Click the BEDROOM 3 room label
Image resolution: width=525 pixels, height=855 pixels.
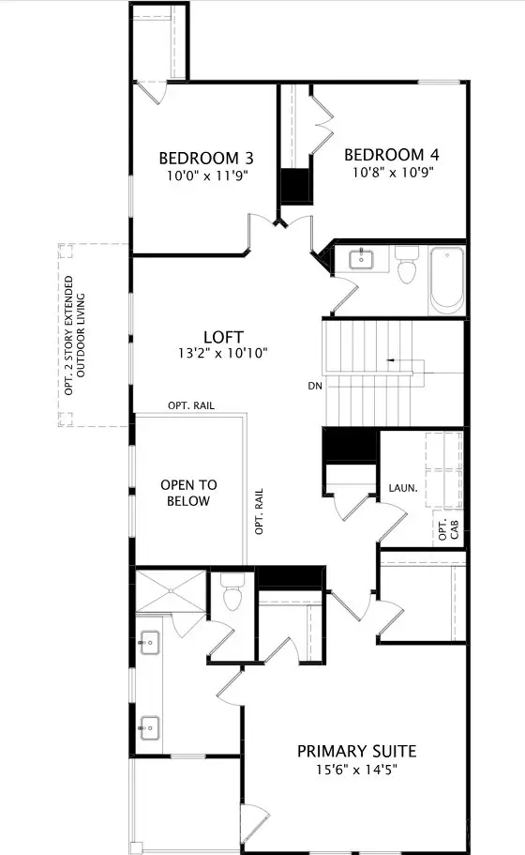pos(205,157)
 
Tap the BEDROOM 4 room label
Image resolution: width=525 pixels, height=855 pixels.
pos(391,155)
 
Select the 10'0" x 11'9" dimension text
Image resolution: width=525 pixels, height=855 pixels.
pos(205,175)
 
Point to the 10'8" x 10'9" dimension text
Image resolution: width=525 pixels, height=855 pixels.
pos(391,173)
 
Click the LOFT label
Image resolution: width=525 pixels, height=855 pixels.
pos(223,337)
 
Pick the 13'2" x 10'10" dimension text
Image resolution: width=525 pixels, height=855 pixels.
pos(223,354)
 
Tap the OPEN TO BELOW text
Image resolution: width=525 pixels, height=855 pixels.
pos(188,493)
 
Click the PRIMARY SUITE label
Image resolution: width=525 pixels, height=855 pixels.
pos(356,751)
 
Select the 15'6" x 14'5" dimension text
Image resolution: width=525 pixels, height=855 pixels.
pos(356,769)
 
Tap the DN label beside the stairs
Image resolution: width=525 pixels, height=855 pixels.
pos(315,386)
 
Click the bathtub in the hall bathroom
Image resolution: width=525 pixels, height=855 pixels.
pos(446,279)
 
